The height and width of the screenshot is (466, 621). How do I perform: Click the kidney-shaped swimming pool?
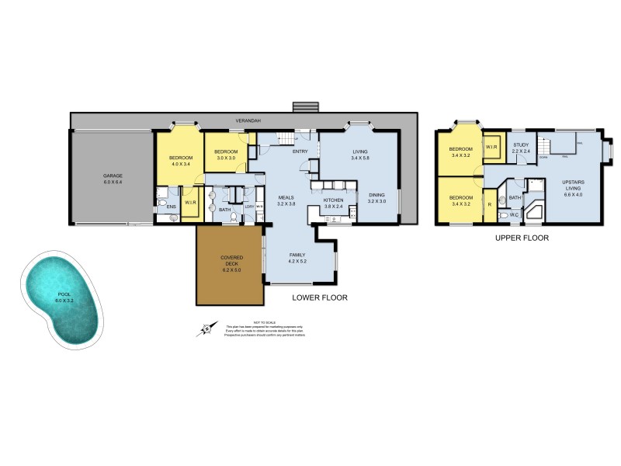click(63, 299)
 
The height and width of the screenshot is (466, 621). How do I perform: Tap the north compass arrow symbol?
click(207, 329)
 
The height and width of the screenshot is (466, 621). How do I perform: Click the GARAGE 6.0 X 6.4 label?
click(113, 179)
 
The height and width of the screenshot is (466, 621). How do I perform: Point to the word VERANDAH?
click(249, 122)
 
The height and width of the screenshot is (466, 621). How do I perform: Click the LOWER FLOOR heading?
click(319, 297)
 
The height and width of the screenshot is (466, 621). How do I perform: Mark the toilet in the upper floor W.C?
click(504, 214)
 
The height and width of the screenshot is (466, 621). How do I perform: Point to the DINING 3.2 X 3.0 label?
click(376, 199)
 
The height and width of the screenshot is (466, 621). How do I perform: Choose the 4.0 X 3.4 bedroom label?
click(180, 161)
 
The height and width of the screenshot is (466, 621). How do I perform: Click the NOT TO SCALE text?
click(269, 322)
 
